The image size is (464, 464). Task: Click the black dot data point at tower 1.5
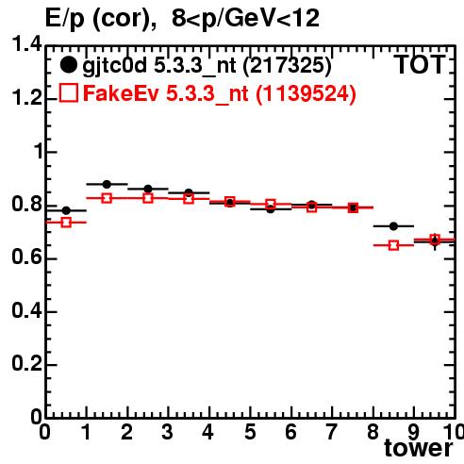(x=107, y=184)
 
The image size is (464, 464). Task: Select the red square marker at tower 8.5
(x=393, y=245)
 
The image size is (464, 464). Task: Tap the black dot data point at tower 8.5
(x=393, y=226)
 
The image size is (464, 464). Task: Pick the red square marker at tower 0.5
(x=66, y=223)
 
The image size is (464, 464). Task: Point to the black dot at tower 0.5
(x=66, y=210)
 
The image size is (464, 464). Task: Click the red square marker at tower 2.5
(x=148, y=198)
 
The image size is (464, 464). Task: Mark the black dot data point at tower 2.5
(x=148, y=189)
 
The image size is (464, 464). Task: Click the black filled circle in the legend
(x=68, y=65)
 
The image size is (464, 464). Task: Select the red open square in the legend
(x=69, y=92)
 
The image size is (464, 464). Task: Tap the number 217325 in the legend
(x=287, y=65)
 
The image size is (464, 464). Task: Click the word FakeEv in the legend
(x=121, y=93)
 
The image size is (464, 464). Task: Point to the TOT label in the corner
(x=420, y=64)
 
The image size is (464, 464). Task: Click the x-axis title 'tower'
(x=419, y=447)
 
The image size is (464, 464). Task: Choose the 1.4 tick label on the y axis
(x=26, y=44)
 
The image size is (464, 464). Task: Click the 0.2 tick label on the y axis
(x=26, y=363)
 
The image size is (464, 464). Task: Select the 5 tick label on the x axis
(x=250, y=432)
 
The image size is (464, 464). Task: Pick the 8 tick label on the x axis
(x=373, y=432)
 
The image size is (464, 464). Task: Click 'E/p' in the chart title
(x=65, y=18)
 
